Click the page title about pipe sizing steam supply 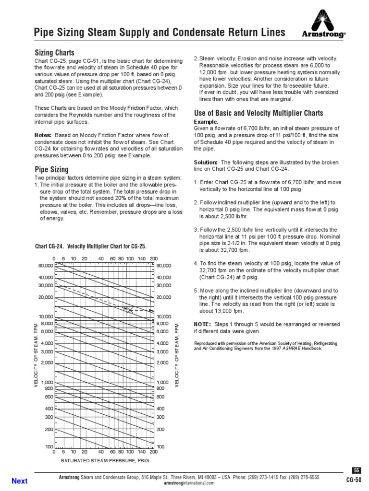pos(159,33)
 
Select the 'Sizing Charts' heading pos(54,52)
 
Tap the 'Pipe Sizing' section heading pos(51,169)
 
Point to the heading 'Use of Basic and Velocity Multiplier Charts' pos(258,113)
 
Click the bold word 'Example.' pos(206,122)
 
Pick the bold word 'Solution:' pos(206,162)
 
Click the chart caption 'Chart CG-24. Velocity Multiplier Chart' pos(91,246)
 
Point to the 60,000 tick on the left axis pos(45,265)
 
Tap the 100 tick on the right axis pos(160,446)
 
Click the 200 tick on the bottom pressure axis pos(153,452)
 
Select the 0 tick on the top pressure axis pos(54,258)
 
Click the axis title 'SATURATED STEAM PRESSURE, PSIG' pos(105,460)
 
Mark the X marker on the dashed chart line pos(130,310)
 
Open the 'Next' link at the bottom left pos(19,481)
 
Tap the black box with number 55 pos(356,470)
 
